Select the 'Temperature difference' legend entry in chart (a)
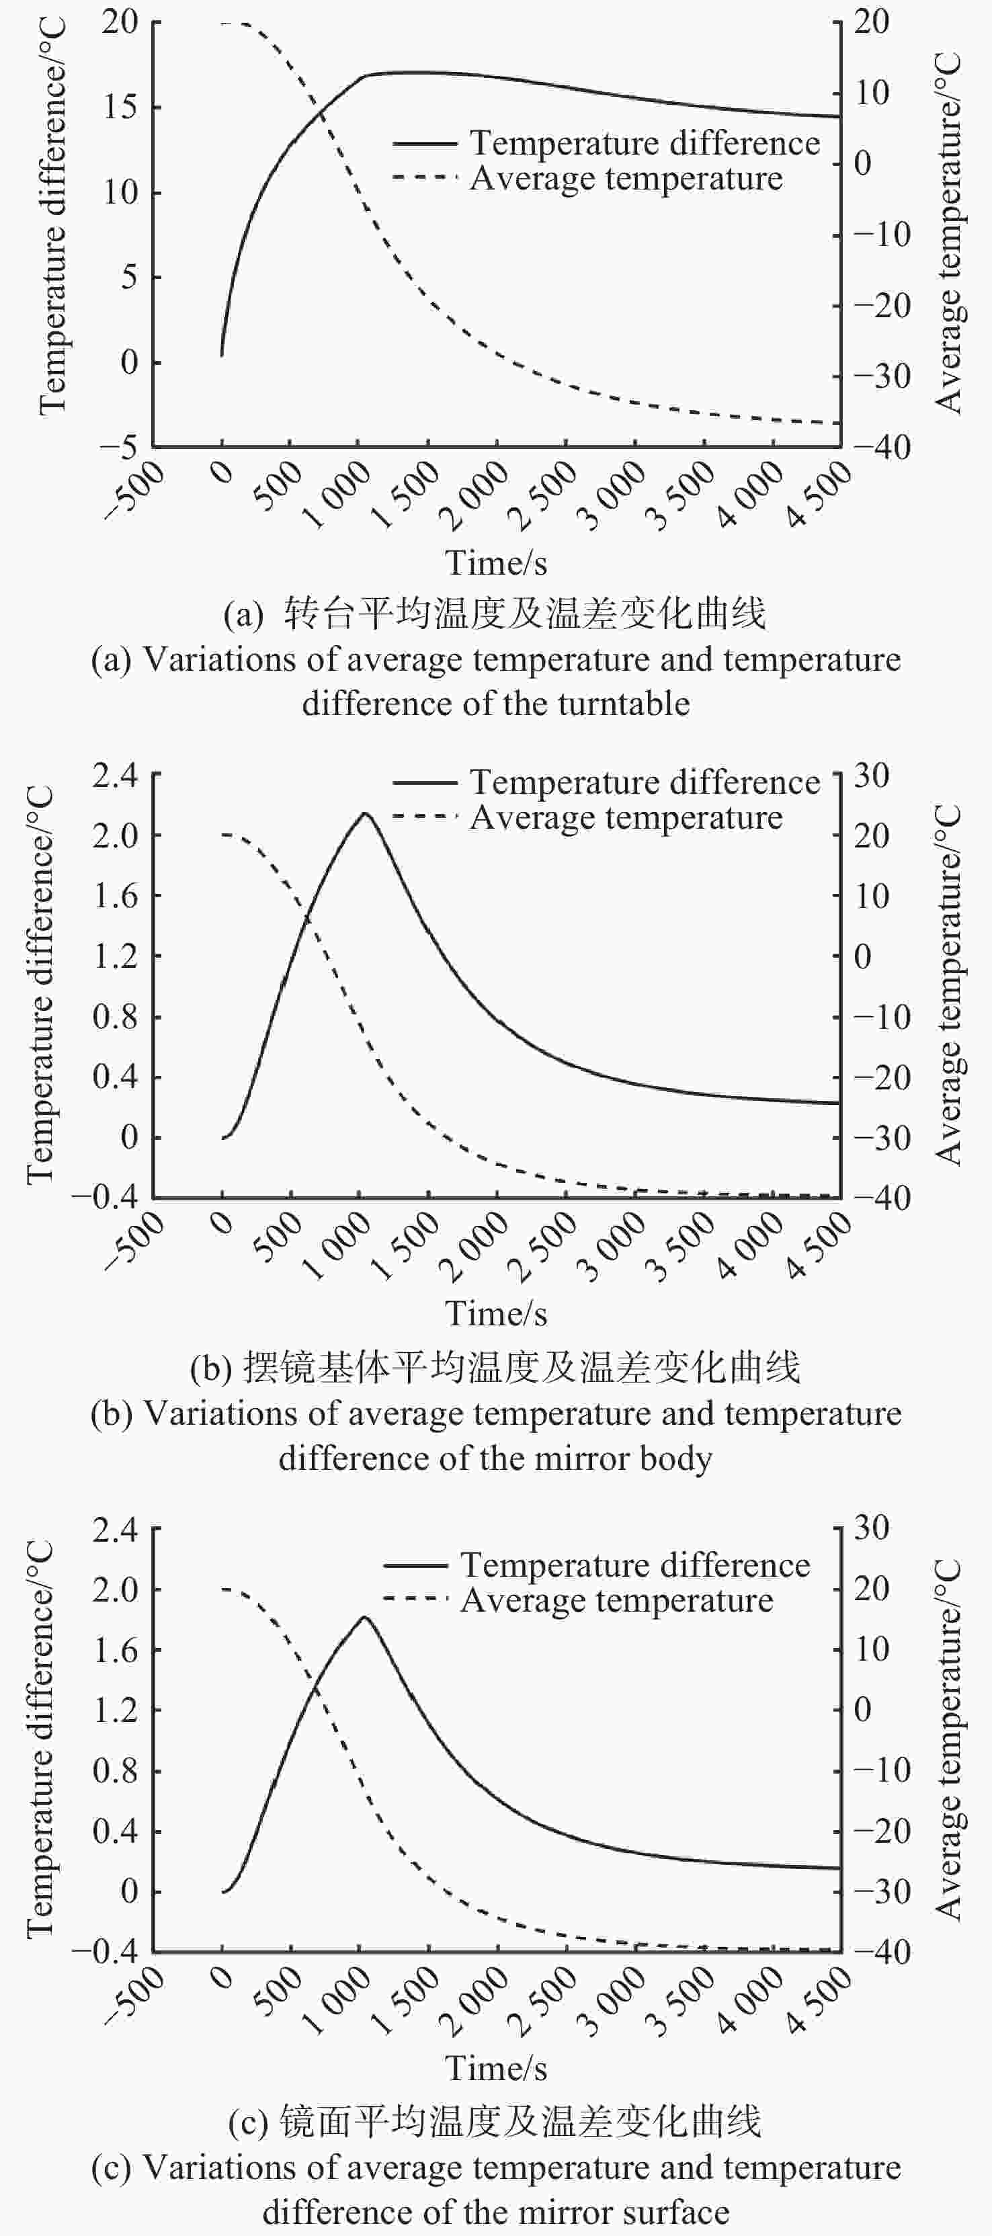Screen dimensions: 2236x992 [x=644, y=143]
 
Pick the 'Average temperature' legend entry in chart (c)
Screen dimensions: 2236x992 [x=616, y=1600]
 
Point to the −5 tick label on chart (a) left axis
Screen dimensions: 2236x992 [x=118, y=447]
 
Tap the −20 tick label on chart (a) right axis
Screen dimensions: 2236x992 [x=882, y=306]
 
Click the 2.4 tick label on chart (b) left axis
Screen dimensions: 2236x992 [x=116, y=775]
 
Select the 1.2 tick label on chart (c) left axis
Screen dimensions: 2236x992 [x=116, y=1710]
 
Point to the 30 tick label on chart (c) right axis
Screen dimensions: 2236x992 [x=872, y=1528]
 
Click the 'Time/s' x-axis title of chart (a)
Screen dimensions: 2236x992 [x=495, y=563]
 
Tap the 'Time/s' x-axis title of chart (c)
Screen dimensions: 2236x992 [x=495, y=2069]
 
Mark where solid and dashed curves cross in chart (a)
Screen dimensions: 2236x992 [x=322, y=111]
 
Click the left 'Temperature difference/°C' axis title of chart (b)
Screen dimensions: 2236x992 [x=39, y=985]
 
